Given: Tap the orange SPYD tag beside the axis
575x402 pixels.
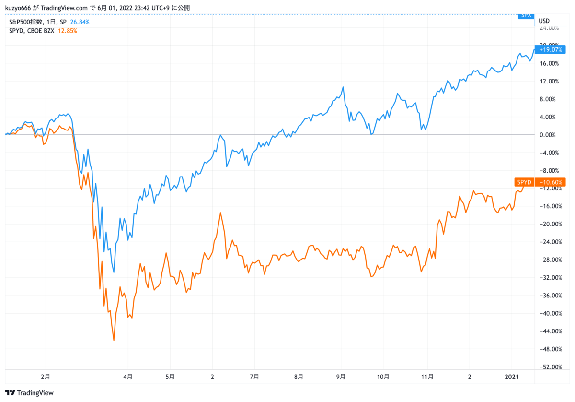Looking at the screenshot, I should pos(524,182).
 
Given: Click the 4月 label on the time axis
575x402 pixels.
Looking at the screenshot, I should pos(127,377).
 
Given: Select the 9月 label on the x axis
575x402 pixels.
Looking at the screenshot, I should pos(341,377).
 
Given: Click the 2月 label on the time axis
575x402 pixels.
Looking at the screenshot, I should pos(46,377).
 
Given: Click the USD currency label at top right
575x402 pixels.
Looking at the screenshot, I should pos(544,21).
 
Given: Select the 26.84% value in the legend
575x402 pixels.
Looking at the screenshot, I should pos(80,22).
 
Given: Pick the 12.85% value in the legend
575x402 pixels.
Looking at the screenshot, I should pos(68,31).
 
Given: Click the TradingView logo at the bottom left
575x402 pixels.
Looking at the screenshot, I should pos(30,393).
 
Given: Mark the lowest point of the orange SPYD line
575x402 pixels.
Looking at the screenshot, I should pos(114,341).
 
